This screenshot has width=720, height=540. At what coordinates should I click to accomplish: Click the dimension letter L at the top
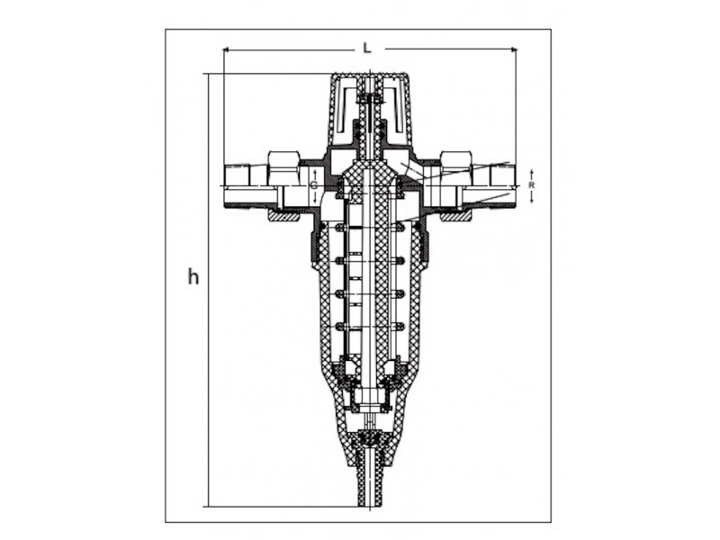click(x=367, y=48)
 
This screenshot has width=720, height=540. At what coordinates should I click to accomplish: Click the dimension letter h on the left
click(x=193, y=276)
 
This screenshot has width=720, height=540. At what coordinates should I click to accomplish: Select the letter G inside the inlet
click(x=313, y=186)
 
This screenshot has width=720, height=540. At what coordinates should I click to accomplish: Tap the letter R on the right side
click(x=531, y=185)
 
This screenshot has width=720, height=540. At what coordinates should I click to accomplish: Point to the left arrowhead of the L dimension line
click(x=226, y=49)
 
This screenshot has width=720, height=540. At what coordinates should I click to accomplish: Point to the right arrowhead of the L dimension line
click(x=514, y=49)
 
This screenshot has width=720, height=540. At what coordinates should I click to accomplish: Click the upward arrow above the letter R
click(x=531, y=175)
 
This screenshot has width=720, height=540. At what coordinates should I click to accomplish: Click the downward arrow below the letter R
click(x=531, y=197)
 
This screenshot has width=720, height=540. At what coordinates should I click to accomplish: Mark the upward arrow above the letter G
click(x=315, y=175)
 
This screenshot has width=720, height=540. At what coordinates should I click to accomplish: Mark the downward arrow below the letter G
click(x=315, y=198)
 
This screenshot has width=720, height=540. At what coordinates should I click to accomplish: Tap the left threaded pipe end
click(x=236, y=187)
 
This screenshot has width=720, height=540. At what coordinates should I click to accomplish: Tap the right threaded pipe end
click(x=503, y=187)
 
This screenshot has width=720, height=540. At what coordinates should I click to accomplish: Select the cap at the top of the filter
click(x=370, y=110)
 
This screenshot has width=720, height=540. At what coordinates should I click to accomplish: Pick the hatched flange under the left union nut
click(x=283, y=215)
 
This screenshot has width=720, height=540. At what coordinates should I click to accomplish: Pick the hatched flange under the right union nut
click(x=455, y=215)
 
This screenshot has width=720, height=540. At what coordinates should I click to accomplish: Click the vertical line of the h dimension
click(x=209, y=290)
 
